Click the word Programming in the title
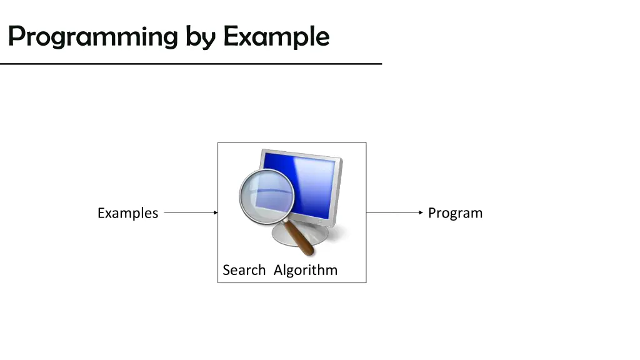tap(92, 36)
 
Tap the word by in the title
tap(200, 36)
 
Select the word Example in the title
tap(276, 36)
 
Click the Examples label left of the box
tap(127, 213)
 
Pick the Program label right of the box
tap(455, 213)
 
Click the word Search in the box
tap(244, 270)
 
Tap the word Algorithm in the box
tap(305, 270)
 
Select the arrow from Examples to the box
tap(190, 212)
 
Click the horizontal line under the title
tap(191, 64)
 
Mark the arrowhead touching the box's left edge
tap(215, 212)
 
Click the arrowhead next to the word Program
tap(421, 212)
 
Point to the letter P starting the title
tap(16, 36)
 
